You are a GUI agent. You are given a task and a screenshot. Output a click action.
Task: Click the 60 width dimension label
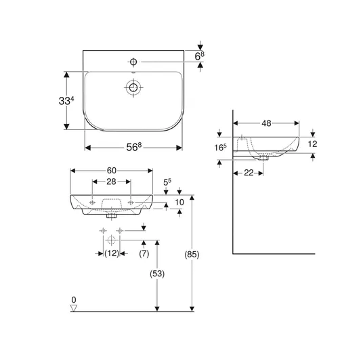[x=111, y=171]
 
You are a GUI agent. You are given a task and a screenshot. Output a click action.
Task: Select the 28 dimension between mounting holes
[x=111, y=181]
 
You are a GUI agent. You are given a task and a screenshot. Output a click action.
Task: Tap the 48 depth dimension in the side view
[x=266, y=123]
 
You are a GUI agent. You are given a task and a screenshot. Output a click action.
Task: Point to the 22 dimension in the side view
[x=249, y=173]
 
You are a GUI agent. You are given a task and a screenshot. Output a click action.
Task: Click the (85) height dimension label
[x=192, y=255]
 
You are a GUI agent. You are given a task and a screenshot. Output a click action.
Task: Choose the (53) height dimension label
[x=157, y=274]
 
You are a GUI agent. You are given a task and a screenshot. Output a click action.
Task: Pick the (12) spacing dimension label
[x=112, y=253]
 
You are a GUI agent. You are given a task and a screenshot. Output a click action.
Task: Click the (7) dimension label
[x=144, y=254]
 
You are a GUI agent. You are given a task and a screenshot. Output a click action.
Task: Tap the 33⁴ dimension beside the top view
[x=66, y=101]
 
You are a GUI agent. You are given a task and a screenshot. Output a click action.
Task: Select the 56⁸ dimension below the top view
[x=134, y=147]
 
